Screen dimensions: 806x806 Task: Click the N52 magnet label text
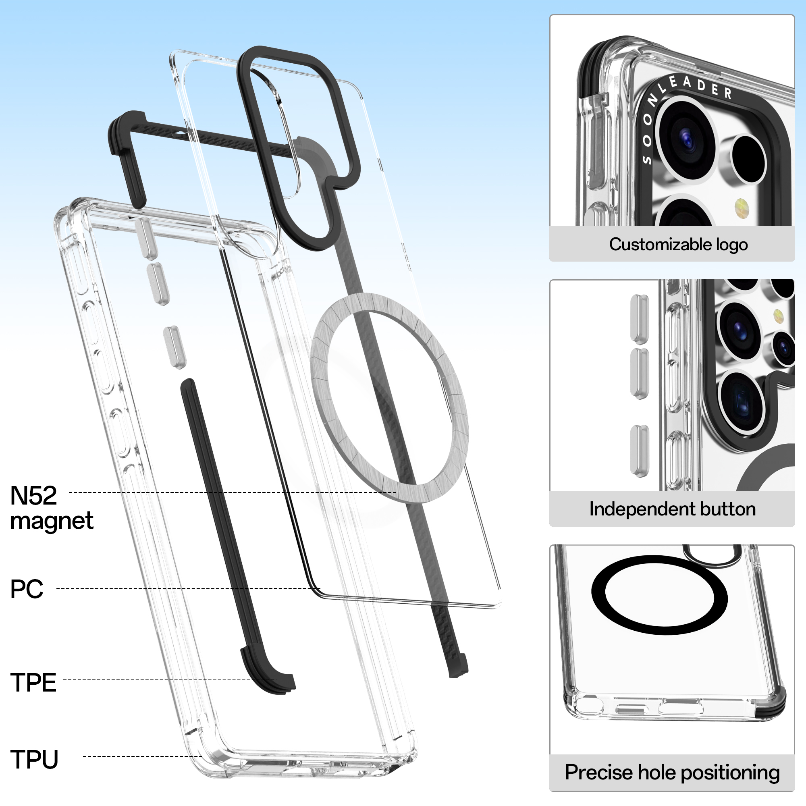[33, 496]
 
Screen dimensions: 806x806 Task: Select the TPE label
[33, 683]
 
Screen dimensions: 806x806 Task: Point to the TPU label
[34, 759]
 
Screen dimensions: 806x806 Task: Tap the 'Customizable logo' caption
[678, 245]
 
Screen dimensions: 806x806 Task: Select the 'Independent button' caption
[672, 509]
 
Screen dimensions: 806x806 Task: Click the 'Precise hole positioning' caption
[672, 772]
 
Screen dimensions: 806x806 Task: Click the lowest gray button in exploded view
[174, 347]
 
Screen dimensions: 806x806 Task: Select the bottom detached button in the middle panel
[639, 451]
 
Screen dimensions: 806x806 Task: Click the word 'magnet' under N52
[52, 521]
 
